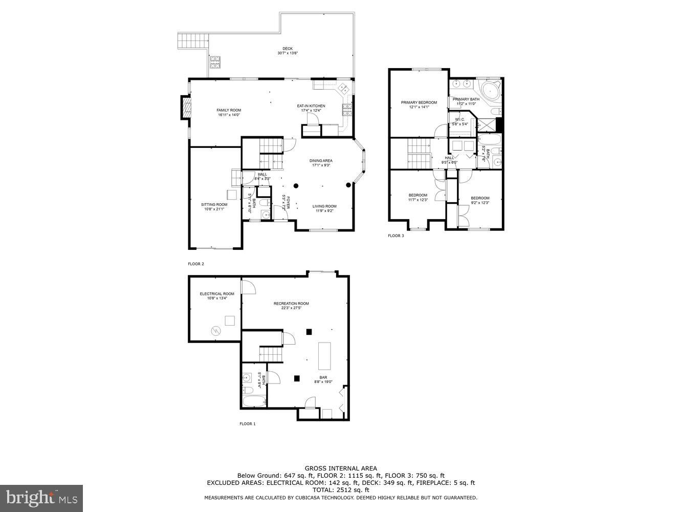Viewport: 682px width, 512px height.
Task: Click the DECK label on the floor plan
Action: pyautogui.click(x=288, y=49)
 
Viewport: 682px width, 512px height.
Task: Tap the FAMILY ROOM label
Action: pyautogui.click(x=229, y=110)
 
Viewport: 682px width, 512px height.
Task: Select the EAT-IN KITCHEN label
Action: pyautogui.click(x=311, y=106)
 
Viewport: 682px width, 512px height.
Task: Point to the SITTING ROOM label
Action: pyautogui.click(x=214, y=204)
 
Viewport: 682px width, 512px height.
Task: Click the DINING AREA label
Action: pyautogui.click(x=321, y=161)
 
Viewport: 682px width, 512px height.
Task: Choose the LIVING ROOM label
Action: pyautogui.click(x=324, y=206)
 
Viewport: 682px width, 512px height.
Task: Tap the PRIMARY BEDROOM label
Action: pyautogui.click(x=419, y=102)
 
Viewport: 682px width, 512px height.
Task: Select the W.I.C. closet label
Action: pyautogui.click(x=459, y=120)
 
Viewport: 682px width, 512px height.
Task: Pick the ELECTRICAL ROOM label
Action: pyautogui.click(x=217, y=294)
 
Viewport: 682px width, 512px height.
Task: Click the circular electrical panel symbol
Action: pyautogui.click(x=216, y=331)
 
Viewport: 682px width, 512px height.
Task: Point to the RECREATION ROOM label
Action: pyautogui.click(x=291, y=304)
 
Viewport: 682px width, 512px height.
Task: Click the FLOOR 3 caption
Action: pyautogui.click(x=395, y=236)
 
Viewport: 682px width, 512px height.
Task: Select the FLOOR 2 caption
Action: pyautogui.click(x=196, y=264)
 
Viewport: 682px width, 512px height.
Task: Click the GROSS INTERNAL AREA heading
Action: pyautogui.click(x=341, y=468)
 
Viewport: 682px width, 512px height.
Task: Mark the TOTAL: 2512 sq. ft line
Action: pyautogui.click(x=341, y=490)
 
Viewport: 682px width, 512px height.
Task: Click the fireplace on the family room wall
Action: pyautogui.click(x=186, y=108)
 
